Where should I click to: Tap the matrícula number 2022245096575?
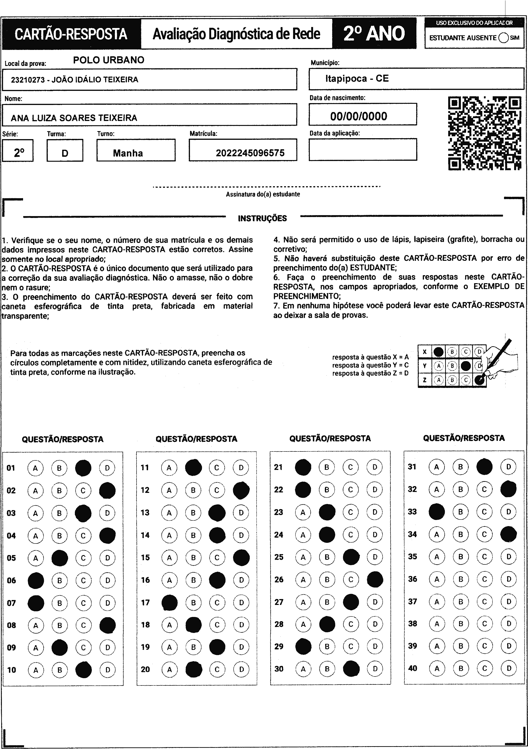[250, 153]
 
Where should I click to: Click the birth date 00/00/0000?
[359, 116]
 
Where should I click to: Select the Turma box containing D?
[65, 150]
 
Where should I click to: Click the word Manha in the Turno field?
[128, 153]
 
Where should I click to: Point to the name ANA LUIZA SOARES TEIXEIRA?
[74, 118]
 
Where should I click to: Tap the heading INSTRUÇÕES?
[262, 218]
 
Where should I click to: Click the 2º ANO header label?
[374, 34]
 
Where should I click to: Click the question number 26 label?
[279, 580]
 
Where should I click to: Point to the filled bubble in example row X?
[439, 352]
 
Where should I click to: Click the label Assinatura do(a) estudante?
[263, 194]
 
